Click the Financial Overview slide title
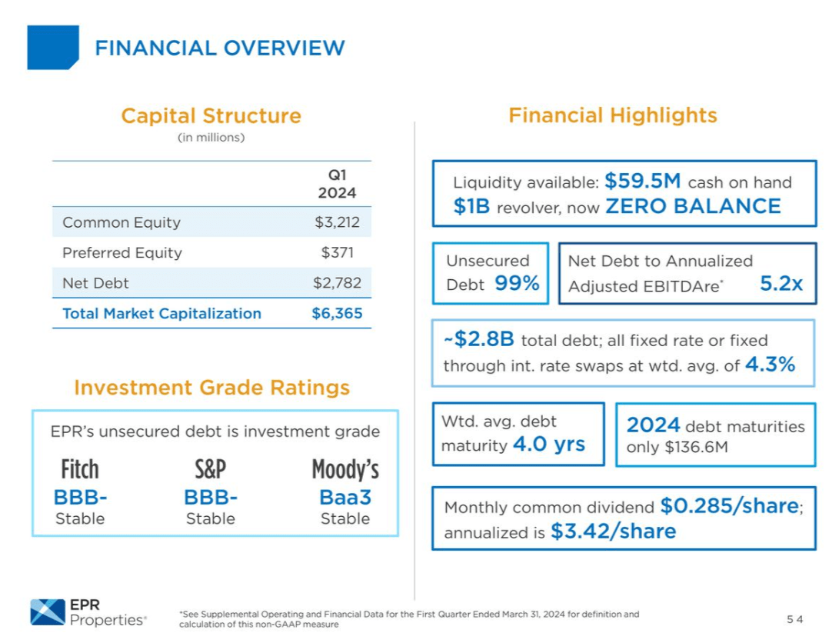click(219, 48)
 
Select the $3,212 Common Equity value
click(337, 222)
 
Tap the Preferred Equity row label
click(122, 253)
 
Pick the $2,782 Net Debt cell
click(337, 283)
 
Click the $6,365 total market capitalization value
click(337, 314)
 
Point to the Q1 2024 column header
click(337, 184)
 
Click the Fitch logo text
click(80, 469)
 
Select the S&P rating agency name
click(210, 469)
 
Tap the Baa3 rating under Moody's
click(345, 497)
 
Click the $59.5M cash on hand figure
click(643, 182)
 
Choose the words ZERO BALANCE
click(693, 207)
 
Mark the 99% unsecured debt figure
click(517, 284)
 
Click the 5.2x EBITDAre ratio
click(781, 284)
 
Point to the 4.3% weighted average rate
click(770, 365)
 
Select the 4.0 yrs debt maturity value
click(548, 445)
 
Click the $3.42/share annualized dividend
click(613, 531)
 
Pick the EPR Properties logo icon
click(47, 612)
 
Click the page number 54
click(794, 619)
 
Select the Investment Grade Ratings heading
click(211, 387)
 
